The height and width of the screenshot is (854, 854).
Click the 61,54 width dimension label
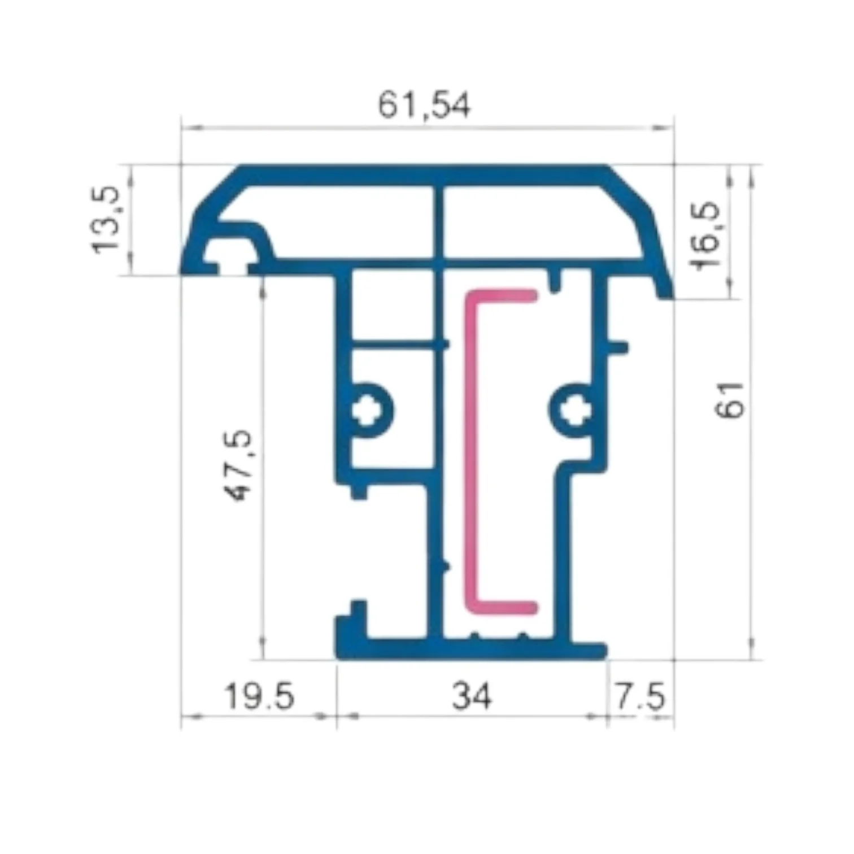coord(424,106)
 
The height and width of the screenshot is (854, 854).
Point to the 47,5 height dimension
coord(239,465)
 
